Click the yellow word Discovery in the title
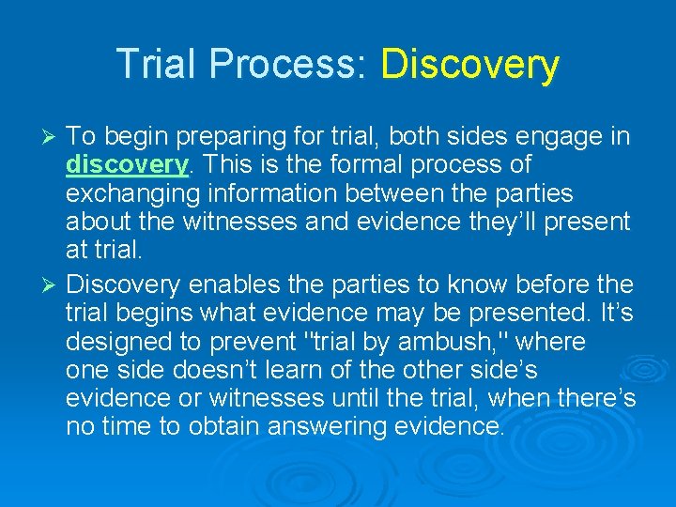[469, 65]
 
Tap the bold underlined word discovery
[127, 165]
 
